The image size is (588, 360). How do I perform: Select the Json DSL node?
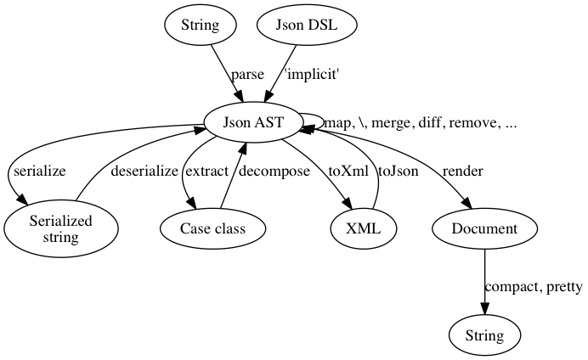pyautogui.click(x=307, y=25)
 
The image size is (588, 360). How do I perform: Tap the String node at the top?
pyautogui.click(x=200, y=25)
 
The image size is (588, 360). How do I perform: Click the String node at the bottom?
pyautogui.click(x=483, y=335)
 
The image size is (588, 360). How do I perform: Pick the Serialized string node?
pyautogui.click(x=60, y=229)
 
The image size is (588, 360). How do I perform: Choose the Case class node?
pyautogui.click(x=212, y=229)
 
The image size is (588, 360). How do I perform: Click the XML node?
pyautogui.click(x=365, y=229)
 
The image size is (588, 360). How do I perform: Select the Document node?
pyautogui.click(x=484, y=229)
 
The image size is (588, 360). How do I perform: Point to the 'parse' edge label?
pyautogui.click(x=247, y=75)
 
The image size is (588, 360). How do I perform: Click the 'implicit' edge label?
pyautogui.click(x=312, y=75)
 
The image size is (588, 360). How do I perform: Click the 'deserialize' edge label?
pyautogui.click(x=144, y=172)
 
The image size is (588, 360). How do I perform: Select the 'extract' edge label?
pyautogui.click(x=206, y=172)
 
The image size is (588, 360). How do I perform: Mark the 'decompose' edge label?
pyautogui.click(x=272, y=172)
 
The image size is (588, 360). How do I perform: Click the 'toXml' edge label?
pyautogui.click(x=348, y=172)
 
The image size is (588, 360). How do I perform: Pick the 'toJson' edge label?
pyautogui.click(x=398, y=172)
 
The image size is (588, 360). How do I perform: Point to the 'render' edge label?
pyautogui.click(x=462, y=172)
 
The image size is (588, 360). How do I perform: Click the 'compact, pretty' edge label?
pyautogui.click(x=533, y=287)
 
